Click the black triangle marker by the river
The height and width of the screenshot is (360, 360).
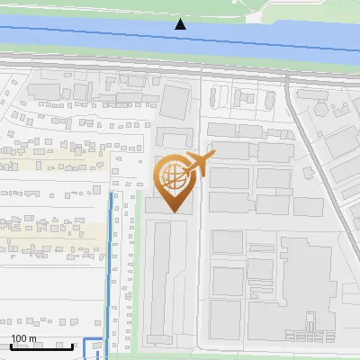point(181,24)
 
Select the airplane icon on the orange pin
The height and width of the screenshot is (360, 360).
point(197,166)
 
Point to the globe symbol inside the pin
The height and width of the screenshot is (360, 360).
point(171,175)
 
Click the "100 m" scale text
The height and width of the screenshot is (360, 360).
point(23,338)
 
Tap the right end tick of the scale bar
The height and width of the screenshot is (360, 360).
point(74,346)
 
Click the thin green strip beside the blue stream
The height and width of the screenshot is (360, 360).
point(138,270)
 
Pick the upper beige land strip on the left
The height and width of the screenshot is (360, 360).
point(54,164)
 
